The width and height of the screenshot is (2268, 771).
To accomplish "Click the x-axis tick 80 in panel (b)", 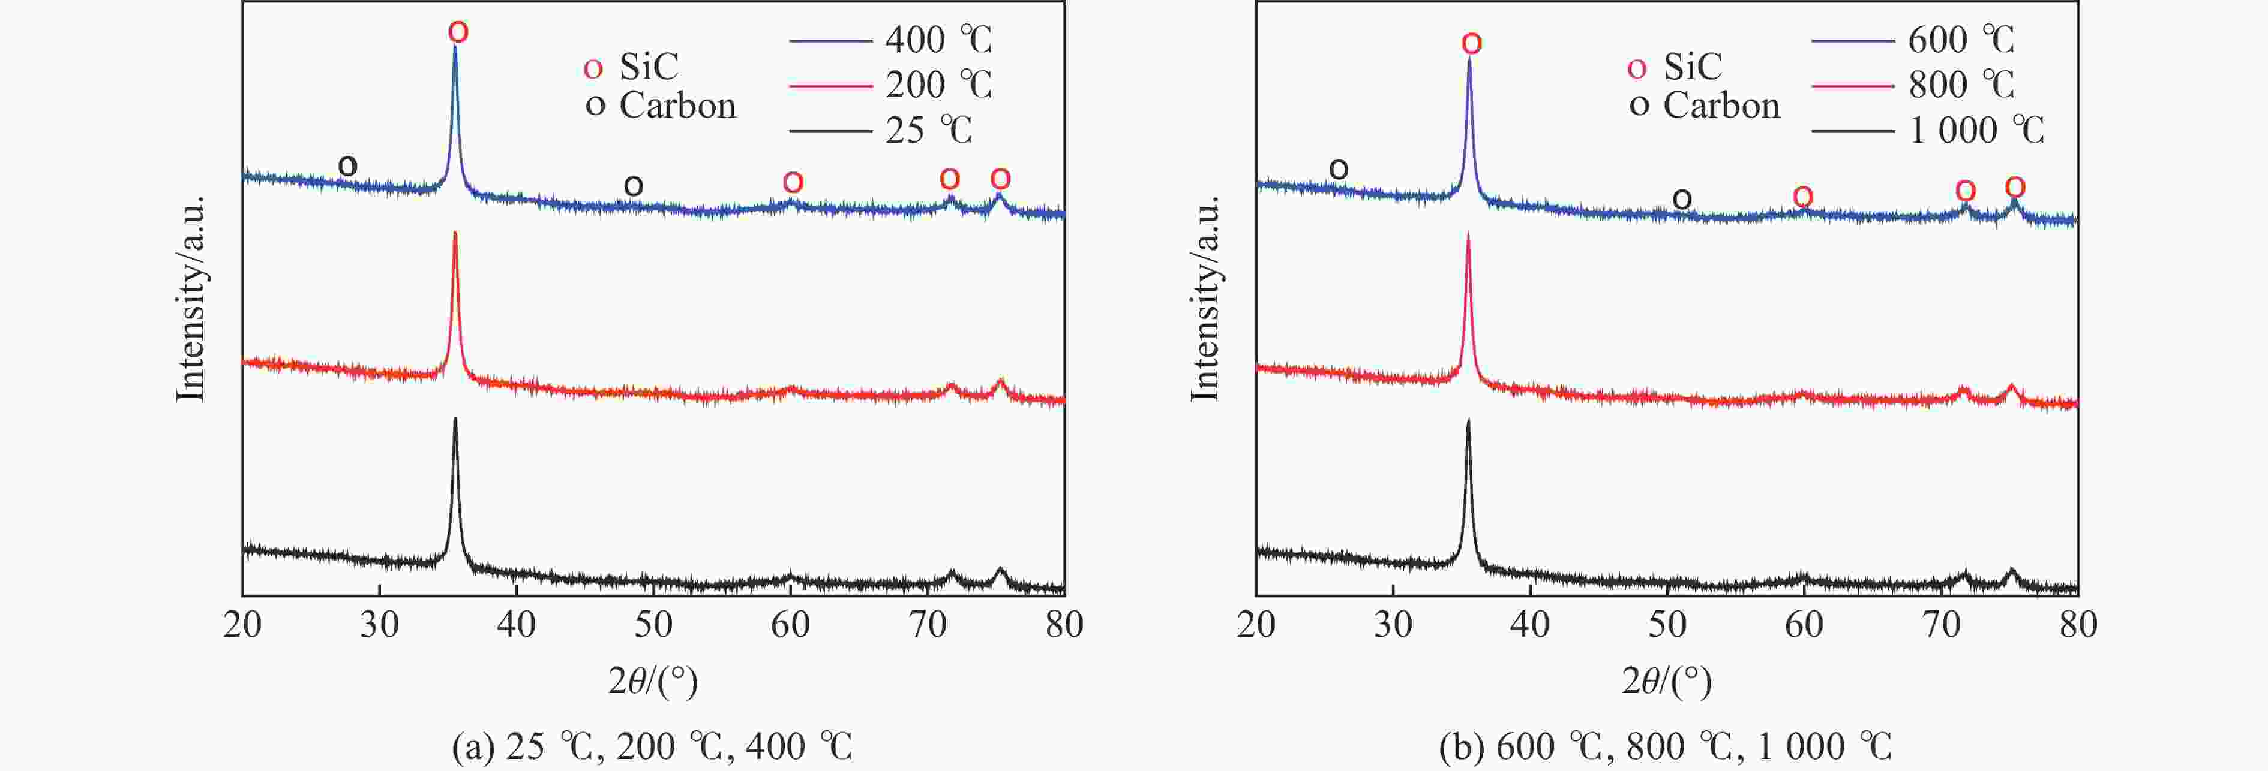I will (x=2078, y=625).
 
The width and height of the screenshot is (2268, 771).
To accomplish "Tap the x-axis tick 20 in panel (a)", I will (x=243, y=625).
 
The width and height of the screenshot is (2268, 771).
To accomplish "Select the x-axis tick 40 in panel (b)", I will (x=1529, y=625).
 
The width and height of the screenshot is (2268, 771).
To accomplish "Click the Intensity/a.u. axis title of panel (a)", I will (x=191, y=299).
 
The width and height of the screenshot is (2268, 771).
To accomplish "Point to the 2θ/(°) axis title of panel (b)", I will (x=1667, y=680).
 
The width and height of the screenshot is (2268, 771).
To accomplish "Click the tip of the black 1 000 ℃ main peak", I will (x=1468, y=421).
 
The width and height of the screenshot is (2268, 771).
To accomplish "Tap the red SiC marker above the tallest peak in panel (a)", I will (x=458, y=32).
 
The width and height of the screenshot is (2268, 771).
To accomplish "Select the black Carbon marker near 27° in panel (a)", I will (x=348, y=165).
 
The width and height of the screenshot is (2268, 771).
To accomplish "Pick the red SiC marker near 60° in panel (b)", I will (x=1802, y=196).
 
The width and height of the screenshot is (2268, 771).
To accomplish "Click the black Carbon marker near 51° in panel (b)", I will (x=1682, y=200).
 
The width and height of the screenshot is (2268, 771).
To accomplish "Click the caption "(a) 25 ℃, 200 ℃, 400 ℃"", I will (x=652, y=746).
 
